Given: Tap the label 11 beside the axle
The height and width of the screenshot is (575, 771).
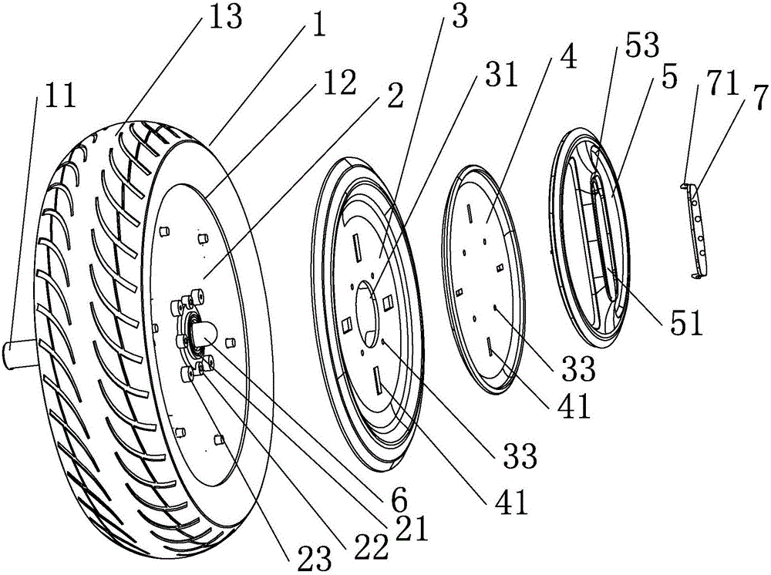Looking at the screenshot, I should click(60, 96).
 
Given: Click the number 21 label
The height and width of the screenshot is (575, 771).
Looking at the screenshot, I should click(413, 527).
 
